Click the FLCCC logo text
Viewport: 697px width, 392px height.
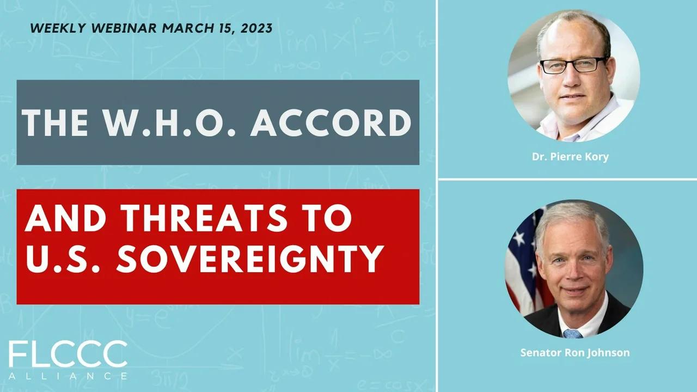(x=68, y=355)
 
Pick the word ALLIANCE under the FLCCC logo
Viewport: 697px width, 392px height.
(x=68, y=376)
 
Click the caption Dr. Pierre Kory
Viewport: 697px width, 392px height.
(x=570, y=157)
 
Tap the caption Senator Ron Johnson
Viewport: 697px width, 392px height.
(x=574, y=353)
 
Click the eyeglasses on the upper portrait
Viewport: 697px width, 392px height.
(x=573, y=65)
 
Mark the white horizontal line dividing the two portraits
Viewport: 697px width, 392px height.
(x=566, y=179)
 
